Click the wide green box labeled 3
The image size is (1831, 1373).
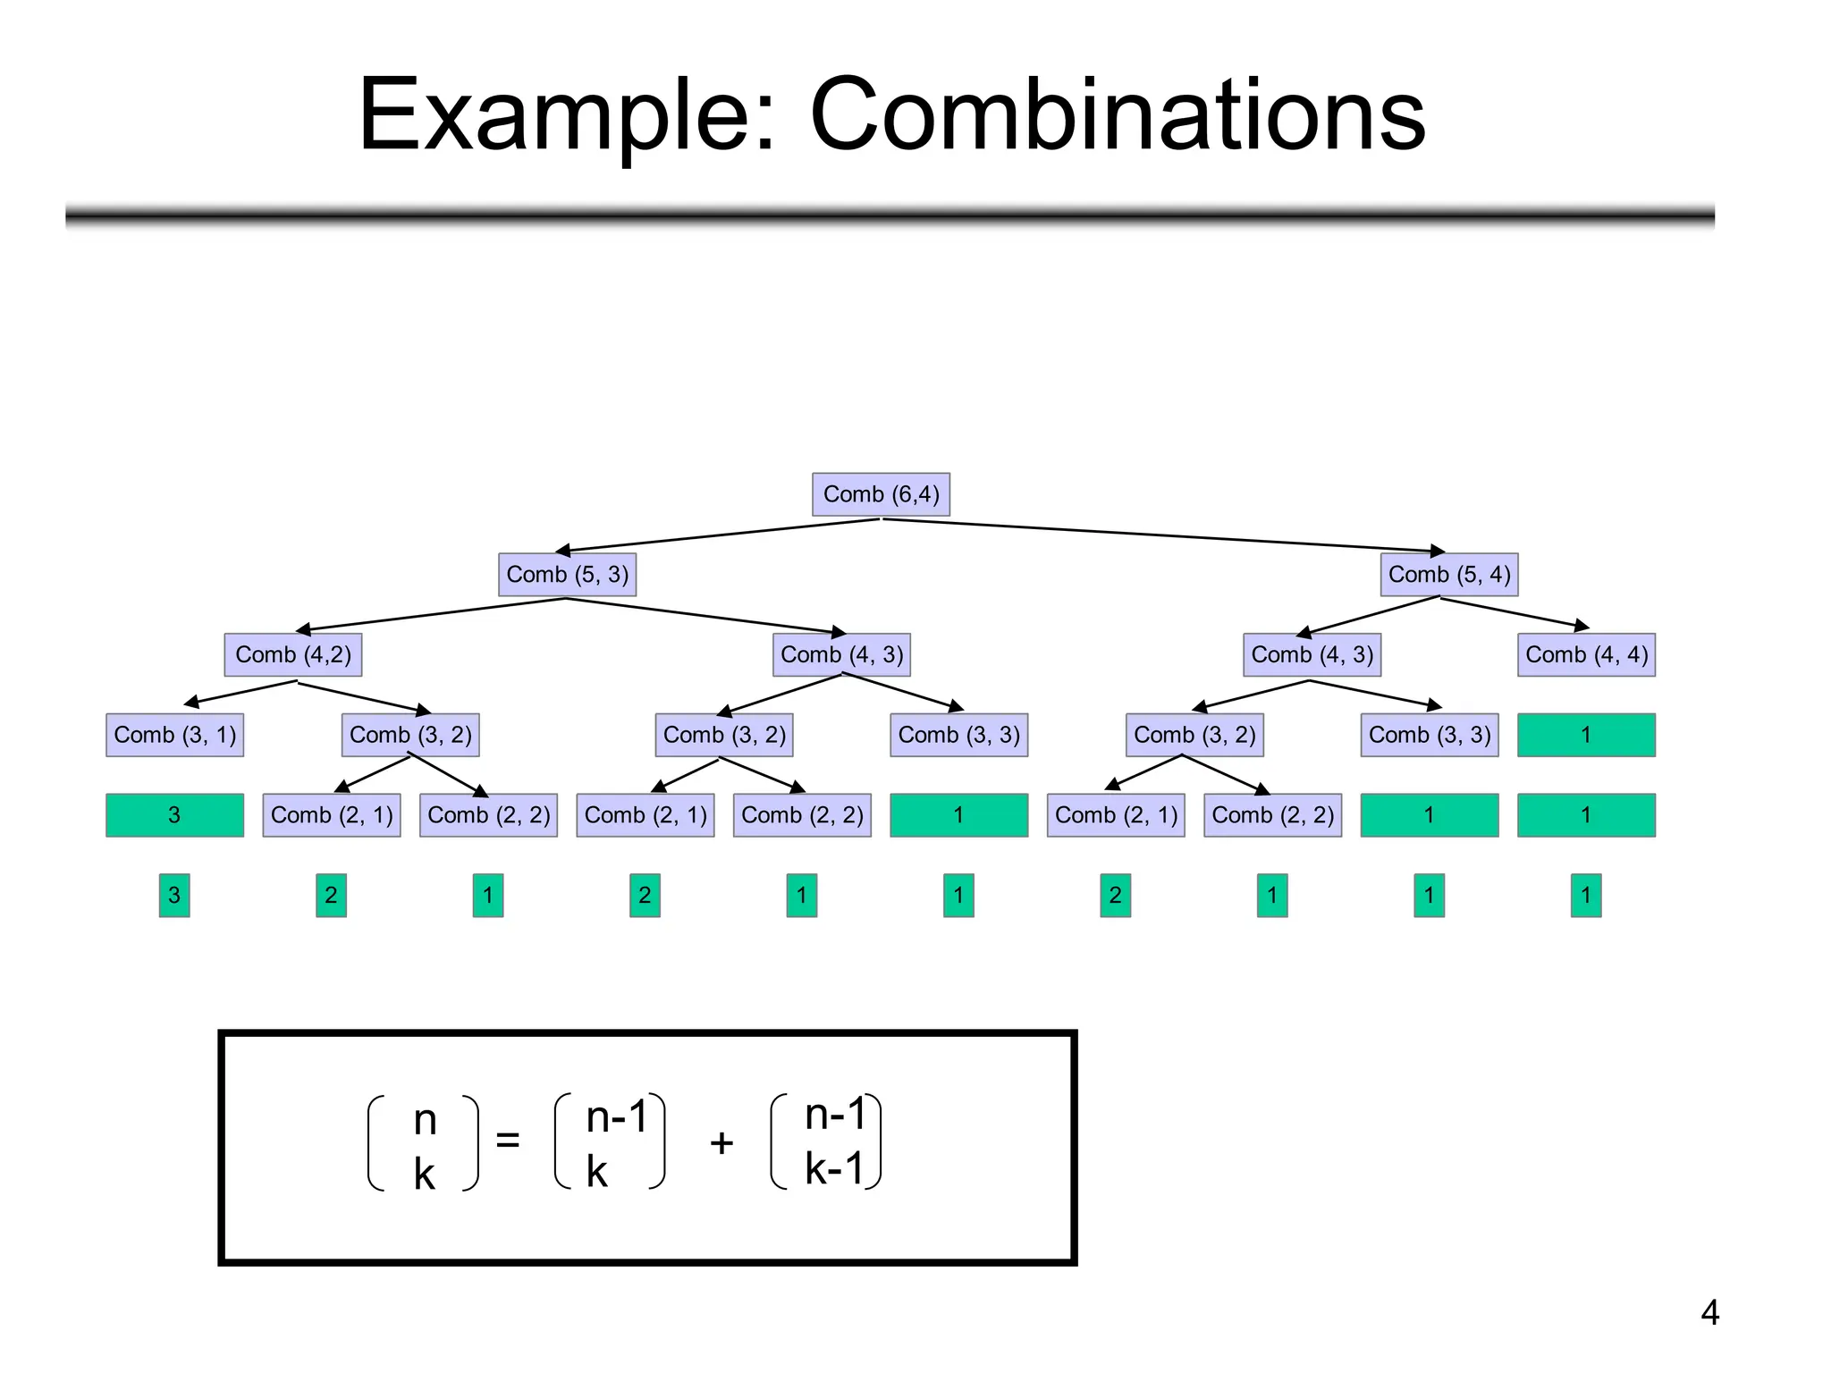click(174, 814)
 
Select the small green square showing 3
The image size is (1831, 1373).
click(174, 895)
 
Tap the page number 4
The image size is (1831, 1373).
click(1709, 1312)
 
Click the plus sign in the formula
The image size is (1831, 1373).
click(721, 1142)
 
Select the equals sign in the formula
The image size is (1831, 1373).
click(507, 1140)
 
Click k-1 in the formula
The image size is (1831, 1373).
click(834, 1168)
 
